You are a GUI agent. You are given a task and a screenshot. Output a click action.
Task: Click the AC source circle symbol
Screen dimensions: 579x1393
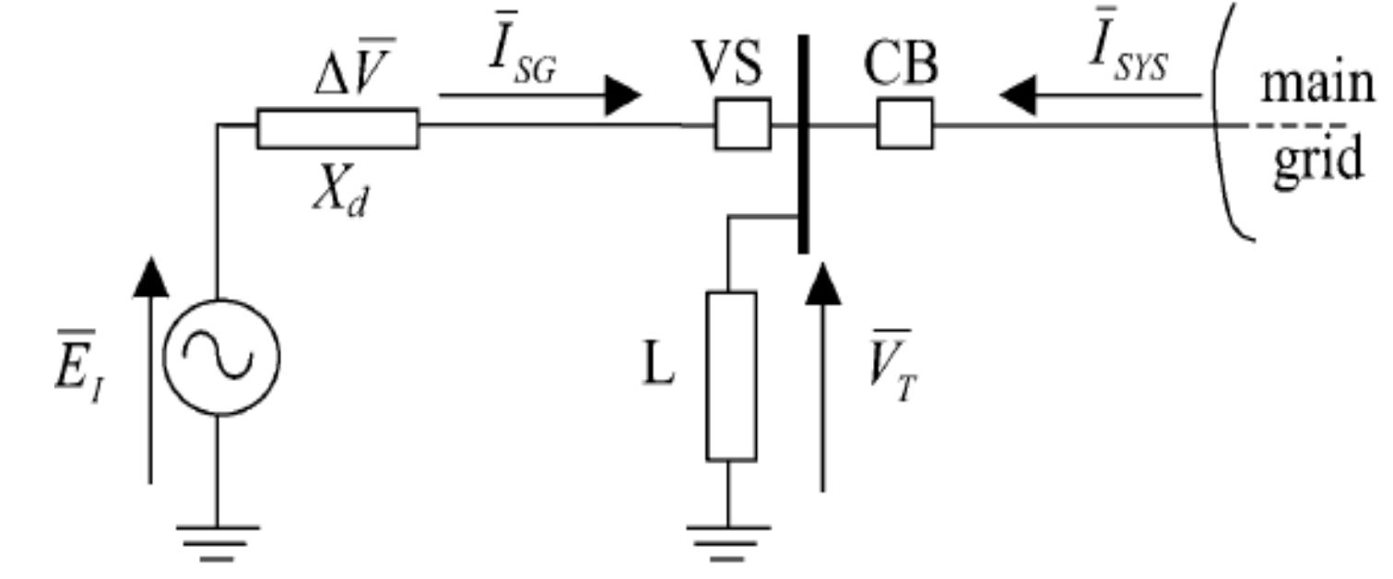[x=220, y=356]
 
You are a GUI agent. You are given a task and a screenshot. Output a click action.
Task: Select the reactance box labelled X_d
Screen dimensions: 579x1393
[x=337, y=128]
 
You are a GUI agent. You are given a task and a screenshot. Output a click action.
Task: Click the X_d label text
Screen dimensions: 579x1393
[x=338, y=195]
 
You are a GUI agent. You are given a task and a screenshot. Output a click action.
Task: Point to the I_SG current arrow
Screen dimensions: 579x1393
[x=539, y=94]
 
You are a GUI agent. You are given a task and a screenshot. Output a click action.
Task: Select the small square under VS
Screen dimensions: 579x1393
[x=742, y=124]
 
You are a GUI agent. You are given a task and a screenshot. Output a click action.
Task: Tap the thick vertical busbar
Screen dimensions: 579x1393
[x=804, y=143]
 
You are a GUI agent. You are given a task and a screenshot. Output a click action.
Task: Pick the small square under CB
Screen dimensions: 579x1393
[x=904, y=124]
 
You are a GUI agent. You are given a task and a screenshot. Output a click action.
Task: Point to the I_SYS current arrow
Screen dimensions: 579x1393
[x=1102, y=94]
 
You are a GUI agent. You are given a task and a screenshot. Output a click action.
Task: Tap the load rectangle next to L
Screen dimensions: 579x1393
[x=732, y=376]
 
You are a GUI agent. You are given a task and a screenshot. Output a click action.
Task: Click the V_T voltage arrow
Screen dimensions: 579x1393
[x=822, y=378]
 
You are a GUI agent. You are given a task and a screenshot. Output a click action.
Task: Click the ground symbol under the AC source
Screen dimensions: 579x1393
[x=220, y=539]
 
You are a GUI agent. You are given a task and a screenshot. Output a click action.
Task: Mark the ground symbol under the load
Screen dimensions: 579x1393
[x=728, y=539]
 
